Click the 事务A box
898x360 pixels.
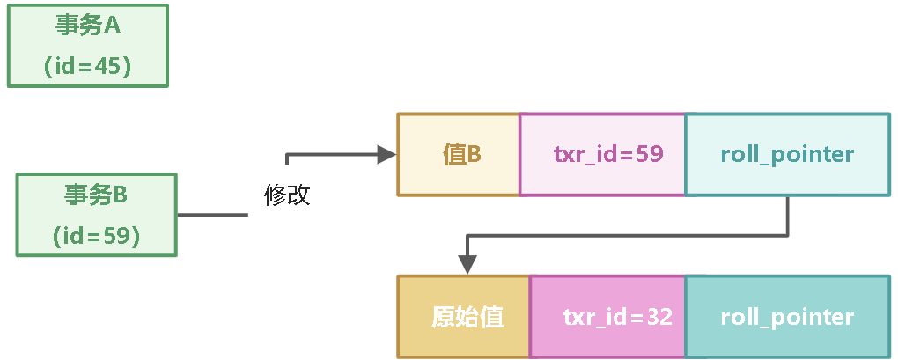(87, 46)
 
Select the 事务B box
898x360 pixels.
(96, 215)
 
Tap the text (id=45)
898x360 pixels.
(87, 67)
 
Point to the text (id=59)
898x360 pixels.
(96, 235)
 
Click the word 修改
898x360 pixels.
(287, 195)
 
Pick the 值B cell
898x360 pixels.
(459, 154)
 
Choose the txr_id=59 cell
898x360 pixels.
(602, 154)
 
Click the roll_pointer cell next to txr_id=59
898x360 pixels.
(786, 154)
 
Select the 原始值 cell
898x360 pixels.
(464, 317)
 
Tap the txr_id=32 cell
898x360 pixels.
(607, 317)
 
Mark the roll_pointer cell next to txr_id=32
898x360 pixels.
(786, 317)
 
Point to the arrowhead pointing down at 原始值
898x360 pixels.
(467, 264)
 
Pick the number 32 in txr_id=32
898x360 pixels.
(658, 317)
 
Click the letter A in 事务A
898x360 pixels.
(112, 26)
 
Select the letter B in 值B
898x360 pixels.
(474, 154)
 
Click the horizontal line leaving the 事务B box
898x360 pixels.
(212, 215)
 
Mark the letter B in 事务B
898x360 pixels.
(121, 195)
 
